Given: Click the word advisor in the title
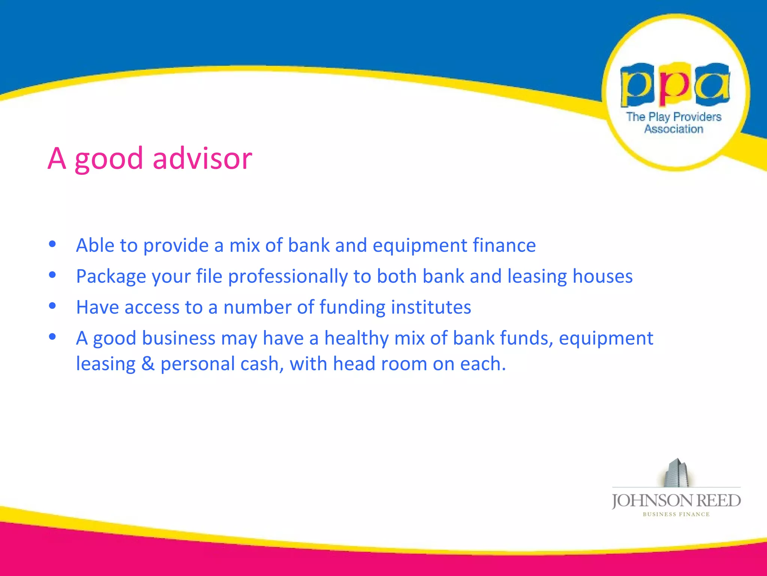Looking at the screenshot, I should [202, 158].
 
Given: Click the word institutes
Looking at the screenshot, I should [431, 307].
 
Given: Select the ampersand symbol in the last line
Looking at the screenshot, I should [148, 364].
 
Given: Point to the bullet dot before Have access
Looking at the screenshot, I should [52, 306].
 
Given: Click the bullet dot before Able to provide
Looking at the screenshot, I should [52, 244].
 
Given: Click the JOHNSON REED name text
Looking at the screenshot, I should [676, 501].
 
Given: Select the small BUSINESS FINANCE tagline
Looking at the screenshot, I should [676, 514].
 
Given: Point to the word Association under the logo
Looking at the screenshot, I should [674, 129].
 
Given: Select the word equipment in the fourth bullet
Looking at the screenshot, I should [606, 339].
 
